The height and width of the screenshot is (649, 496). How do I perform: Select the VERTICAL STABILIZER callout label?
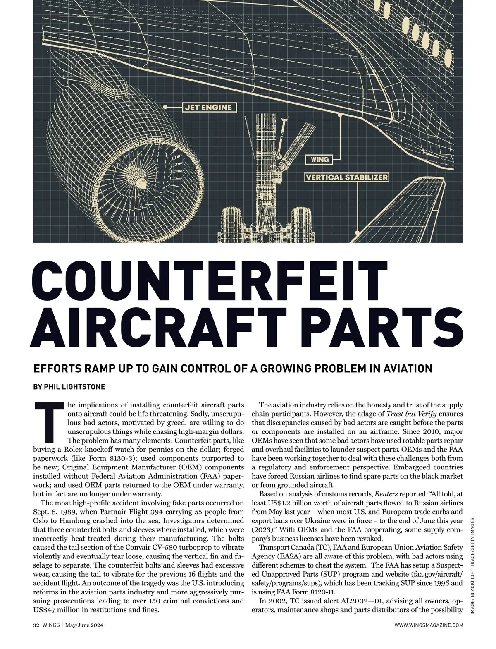coord(346,177)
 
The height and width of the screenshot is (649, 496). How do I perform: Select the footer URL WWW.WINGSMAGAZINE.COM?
coord(429,625)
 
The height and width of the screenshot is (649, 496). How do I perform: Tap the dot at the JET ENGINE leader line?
coord(165,107)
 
